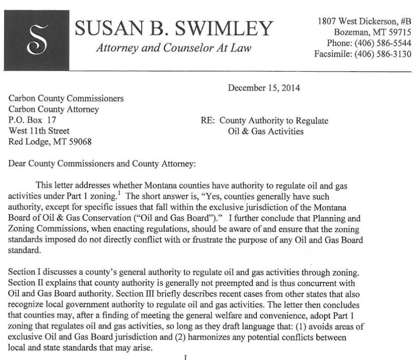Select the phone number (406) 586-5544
[382, 42]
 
